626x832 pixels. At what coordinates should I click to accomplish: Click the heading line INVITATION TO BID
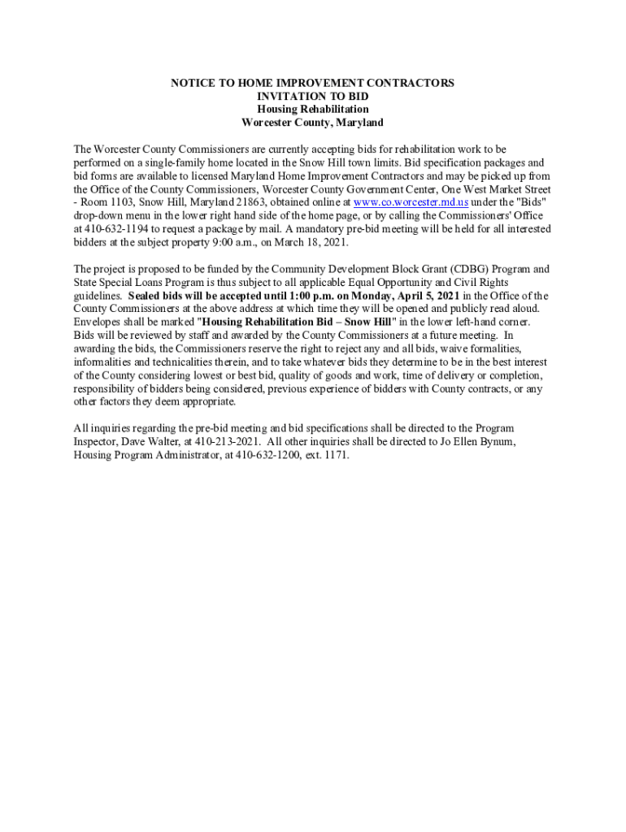tap(313, 96)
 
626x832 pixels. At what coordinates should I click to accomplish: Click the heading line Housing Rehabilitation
tap(313, 109)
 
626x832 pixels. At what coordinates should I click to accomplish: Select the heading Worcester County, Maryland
tap(313, 123)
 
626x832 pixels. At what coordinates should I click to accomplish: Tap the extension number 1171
tap(335, 455)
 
